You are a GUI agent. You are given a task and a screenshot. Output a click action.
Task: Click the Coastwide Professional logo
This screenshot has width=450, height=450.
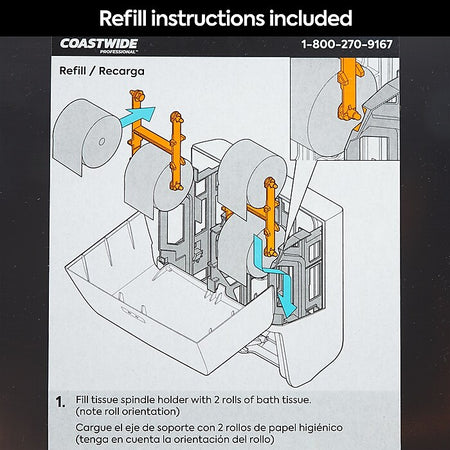point(99,46)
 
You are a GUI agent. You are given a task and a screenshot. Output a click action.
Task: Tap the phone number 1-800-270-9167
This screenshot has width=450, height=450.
point(347,44)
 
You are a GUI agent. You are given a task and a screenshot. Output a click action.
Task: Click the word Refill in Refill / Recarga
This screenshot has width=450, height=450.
point(73,71)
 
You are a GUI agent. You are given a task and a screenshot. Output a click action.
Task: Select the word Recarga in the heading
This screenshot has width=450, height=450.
point(122,71)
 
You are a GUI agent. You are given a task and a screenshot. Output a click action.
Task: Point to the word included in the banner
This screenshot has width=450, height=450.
point(311,18)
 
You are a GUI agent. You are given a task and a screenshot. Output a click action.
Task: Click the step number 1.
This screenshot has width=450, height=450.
point(60,402)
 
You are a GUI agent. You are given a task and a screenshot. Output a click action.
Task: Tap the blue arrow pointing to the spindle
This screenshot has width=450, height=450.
point(138,116)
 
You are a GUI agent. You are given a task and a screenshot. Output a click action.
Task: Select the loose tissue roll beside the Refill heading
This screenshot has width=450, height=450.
point(86,136)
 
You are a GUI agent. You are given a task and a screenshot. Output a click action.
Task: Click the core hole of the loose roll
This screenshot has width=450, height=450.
point(102,142)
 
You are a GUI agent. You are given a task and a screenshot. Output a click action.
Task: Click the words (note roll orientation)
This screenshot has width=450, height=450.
point(128,412)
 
